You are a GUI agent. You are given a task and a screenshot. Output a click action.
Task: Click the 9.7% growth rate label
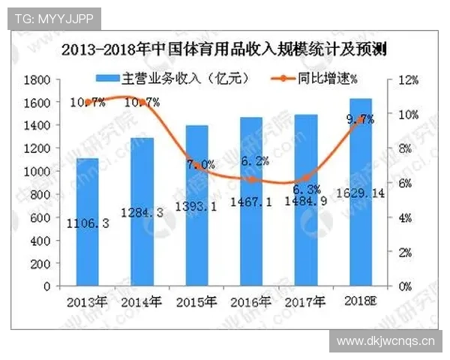361,119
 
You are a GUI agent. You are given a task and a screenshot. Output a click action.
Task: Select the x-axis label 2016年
251,302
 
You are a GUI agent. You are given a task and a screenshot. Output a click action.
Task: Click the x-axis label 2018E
361,302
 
